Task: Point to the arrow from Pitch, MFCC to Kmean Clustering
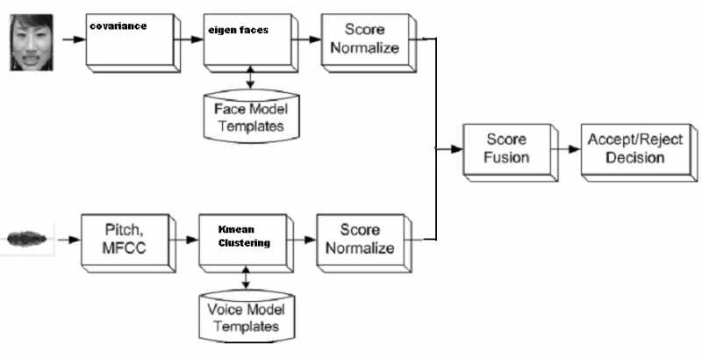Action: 183,237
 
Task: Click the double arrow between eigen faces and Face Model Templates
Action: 252,77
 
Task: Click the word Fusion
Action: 507,158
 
